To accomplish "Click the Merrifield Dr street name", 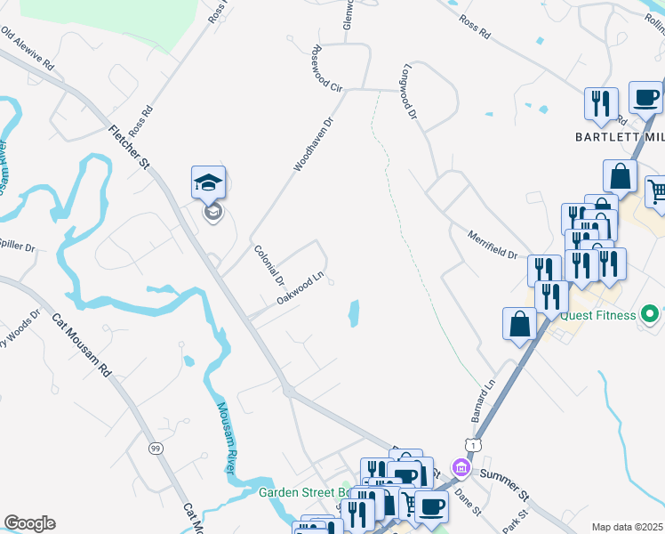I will [493, 243].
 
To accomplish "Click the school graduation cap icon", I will [208, 183].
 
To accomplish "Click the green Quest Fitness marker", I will [651, 314].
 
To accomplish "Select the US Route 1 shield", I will [471, 443].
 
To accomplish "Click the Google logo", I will [29, 523].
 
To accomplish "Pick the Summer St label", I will [504, 481].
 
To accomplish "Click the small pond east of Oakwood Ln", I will [354, 312].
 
